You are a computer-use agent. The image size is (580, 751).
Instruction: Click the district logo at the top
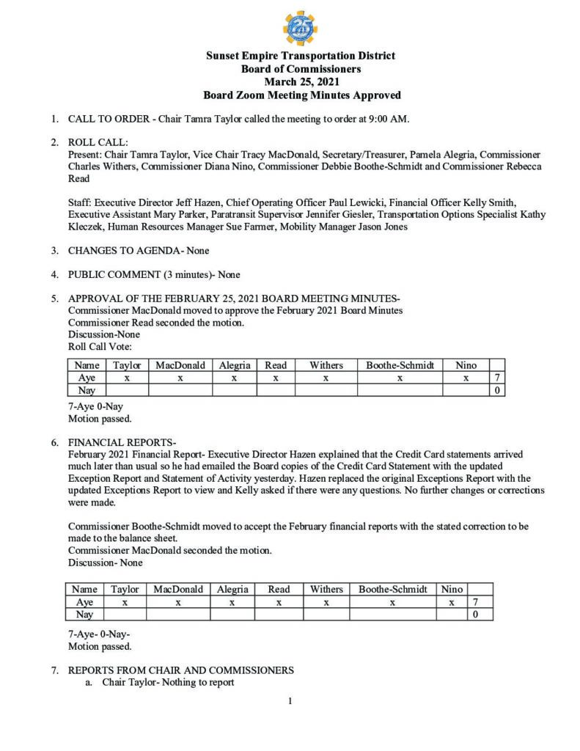tap(300, 28)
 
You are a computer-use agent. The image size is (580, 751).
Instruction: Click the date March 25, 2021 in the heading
tap(301, 82)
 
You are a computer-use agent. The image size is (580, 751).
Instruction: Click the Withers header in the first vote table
tap(326, 365)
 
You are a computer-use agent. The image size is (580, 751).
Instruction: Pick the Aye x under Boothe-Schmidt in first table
tap(400, 378)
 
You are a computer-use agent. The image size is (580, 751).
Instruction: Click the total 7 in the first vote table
tap(496, 378)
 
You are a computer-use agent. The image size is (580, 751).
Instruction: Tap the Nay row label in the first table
tap(87, 391)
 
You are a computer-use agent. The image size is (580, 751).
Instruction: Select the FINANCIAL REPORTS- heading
tap(122, 443)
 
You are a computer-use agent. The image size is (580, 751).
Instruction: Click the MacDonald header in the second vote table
tap(177, 589)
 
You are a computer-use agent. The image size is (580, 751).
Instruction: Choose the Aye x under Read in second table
tap(279, 602)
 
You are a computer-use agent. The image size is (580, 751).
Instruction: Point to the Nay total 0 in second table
tap(475, 615)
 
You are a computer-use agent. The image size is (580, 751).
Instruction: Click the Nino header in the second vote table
tap(452, 589)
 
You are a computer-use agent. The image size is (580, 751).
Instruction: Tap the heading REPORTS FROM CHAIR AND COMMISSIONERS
tap(180, 670)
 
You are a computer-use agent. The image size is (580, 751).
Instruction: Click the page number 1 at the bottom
tap(290, 702)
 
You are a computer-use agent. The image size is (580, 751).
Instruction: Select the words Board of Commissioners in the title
tap(301, 69)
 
